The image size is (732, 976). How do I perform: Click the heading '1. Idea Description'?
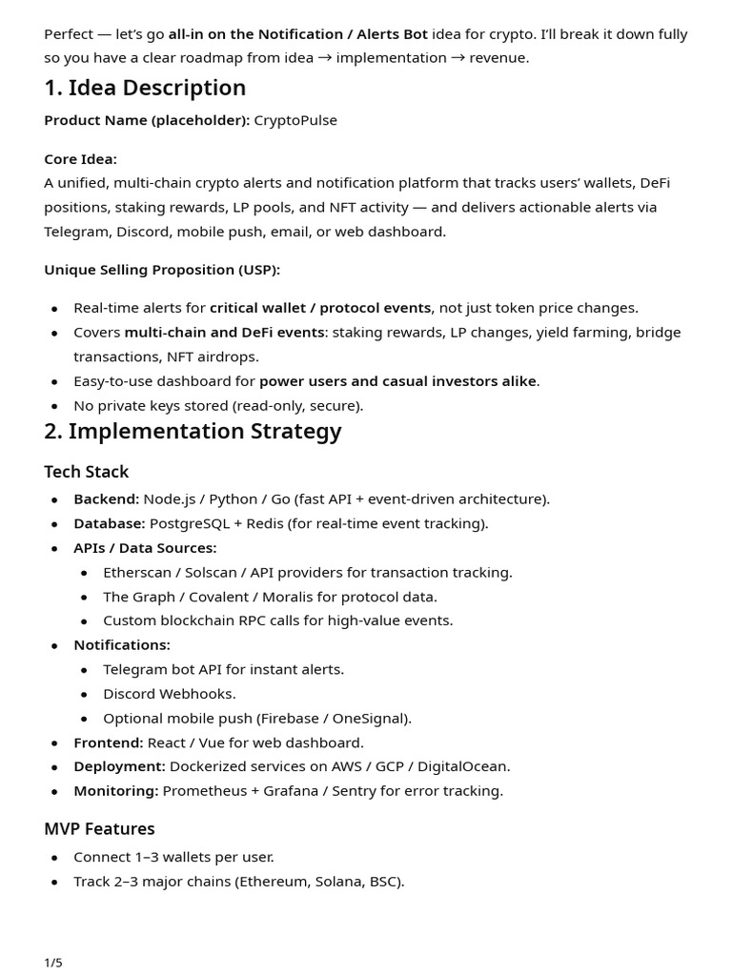(x=145, y=88)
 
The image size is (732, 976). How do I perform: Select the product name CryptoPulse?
(x=295, y=120)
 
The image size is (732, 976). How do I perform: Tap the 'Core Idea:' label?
(x=80, y=159)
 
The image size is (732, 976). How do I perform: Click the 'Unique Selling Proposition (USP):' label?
(x=162, y=270)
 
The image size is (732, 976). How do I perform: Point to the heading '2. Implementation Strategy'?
(x=193, y=431)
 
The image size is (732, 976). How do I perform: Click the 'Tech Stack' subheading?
(x=86, y=472)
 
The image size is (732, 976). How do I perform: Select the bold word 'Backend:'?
(x=106, y=498)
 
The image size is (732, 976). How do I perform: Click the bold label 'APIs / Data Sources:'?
(x=145, y=548)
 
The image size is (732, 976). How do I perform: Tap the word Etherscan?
(x=139, y=572)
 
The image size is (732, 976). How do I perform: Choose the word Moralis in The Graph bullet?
(x=300, y=597)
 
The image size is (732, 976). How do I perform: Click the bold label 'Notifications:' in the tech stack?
(x=122, y=645)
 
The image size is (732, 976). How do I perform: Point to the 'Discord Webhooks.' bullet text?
(x=170, y=694)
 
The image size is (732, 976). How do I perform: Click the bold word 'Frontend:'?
(x=109, y=742)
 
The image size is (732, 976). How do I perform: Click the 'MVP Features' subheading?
(x=99, y=828)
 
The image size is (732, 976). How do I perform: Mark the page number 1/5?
(x=53, y=962)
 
